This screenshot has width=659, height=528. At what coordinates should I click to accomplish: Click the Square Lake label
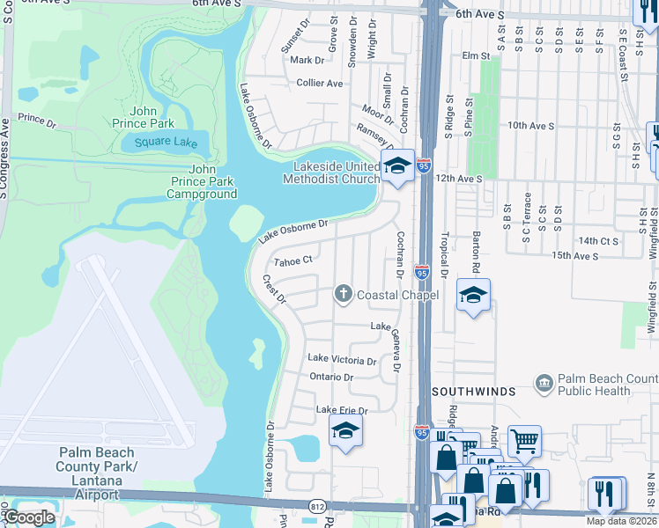[167, 142]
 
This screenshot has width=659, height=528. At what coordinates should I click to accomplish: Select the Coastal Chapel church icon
[344, 294]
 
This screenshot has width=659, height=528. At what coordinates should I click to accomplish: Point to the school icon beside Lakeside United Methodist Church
[397, 165]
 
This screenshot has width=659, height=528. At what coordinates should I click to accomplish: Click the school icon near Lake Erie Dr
[344, 431]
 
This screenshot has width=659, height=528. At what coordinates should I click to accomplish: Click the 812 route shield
[317, 506]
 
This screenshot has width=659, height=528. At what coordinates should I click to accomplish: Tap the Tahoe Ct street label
[293, 260]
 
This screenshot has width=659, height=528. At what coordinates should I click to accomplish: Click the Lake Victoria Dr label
[341, 359]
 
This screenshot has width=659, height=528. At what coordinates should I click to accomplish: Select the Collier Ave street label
[319, 83]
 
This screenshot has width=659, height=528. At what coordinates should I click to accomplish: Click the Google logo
[29, 517]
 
